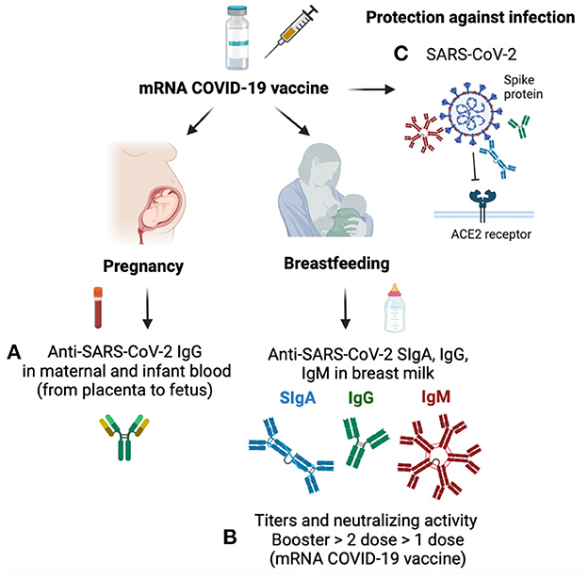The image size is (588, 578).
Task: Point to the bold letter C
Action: (x=400, y=54)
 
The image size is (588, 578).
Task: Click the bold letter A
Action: (x=13, y=352)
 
